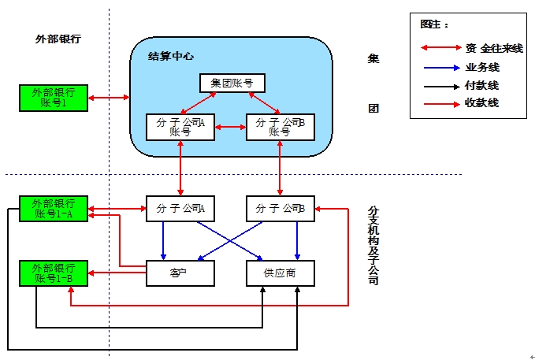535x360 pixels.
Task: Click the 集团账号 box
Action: tap(232, 83)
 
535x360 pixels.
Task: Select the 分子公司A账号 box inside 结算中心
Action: tap(180, 127)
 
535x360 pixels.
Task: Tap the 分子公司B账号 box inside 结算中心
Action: tap(281, 127)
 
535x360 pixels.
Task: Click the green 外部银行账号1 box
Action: tap(54, 98)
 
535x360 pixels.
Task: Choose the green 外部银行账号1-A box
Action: tap(54, 209)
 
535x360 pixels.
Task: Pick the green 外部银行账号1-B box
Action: tap(54, 273)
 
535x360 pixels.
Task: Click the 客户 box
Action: tap(180, 273)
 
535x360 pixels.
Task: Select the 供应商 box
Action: tap(281, 273)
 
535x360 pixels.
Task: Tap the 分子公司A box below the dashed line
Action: tap(180, 209)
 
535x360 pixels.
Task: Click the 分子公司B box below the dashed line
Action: tap(281, 209)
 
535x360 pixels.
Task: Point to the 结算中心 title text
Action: tap(171, 56)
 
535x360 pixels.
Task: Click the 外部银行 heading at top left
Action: tap(58, 39)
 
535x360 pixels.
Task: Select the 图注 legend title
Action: tap(431, 24)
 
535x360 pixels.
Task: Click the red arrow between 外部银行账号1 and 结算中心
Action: tap(110, 98)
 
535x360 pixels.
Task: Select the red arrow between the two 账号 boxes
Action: tap(230, 127)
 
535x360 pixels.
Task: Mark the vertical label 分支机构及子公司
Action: tap(373, 245)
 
